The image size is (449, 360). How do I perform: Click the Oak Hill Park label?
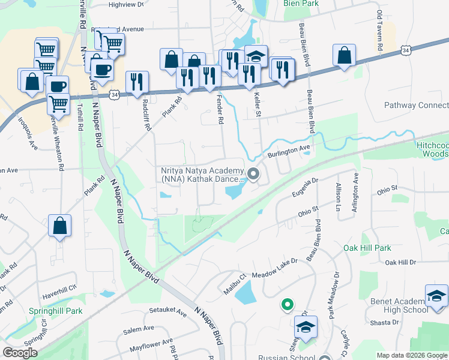coord(367,248)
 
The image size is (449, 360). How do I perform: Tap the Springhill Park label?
coord(55,311)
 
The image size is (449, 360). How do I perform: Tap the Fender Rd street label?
coord(220,112)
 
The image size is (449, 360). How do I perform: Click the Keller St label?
coord(258,104)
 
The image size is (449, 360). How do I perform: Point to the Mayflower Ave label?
coord(150,347)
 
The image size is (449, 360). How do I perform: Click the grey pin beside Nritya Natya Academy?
coord(253,175)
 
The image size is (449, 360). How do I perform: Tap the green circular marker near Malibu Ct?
coord(288,305)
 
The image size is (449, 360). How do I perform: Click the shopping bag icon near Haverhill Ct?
coord(59,227)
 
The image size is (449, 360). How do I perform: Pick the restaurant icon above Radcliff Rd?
coord(137,82)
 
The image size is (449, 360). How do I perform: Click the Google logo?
coord(20,353)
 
